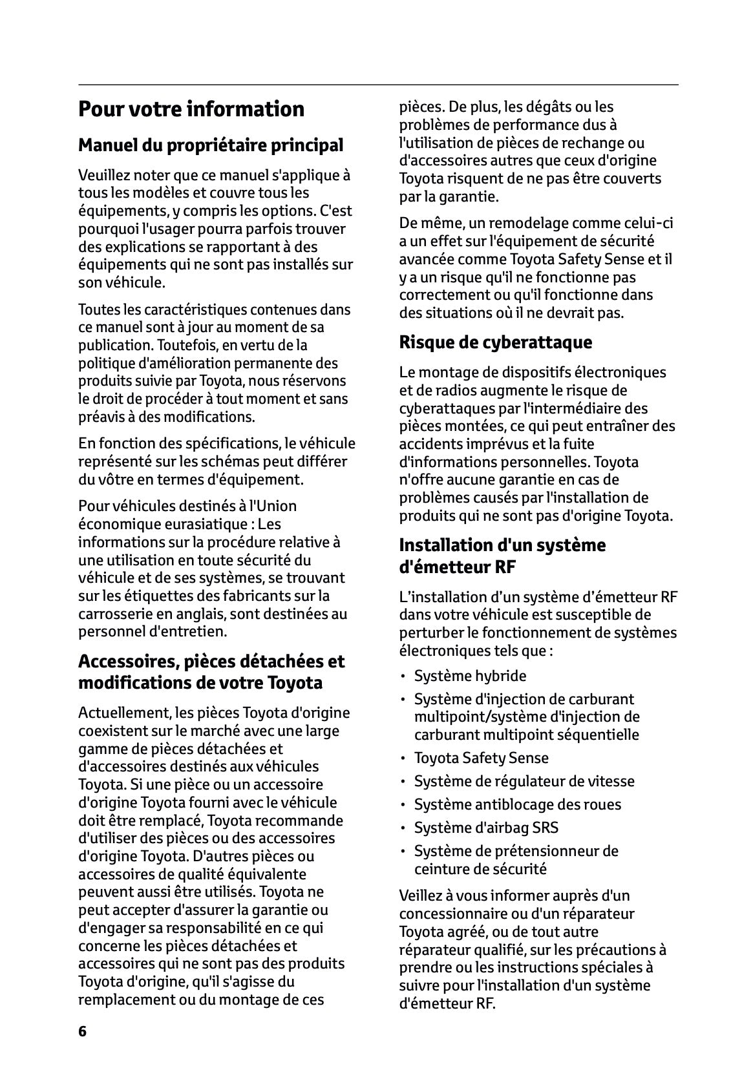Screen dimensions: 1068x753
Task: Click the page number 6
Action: (82, 1031)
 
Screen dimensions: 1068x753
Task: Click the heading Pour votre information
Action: (191, 109)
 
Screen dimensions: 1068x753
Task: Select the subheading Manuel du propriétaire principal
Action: (211, 145)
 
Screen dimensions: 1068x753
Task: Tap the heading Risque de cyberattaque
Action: (495, 342)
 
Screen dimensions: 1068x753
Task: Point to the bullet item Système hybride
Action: (470, 676)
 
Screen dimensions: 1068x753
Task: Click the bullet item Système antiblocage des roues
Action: (517, 804)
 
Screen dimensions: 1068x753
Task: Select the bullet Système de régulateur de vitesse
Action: (524, 781)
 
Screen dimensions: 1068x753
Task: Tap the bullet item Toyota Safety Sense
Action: (481, 758)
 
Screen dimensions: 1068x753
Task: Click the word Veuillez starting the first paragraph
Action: (103, 175)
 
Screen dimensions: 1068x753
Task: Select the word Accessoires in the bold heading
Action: (127, 662)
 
